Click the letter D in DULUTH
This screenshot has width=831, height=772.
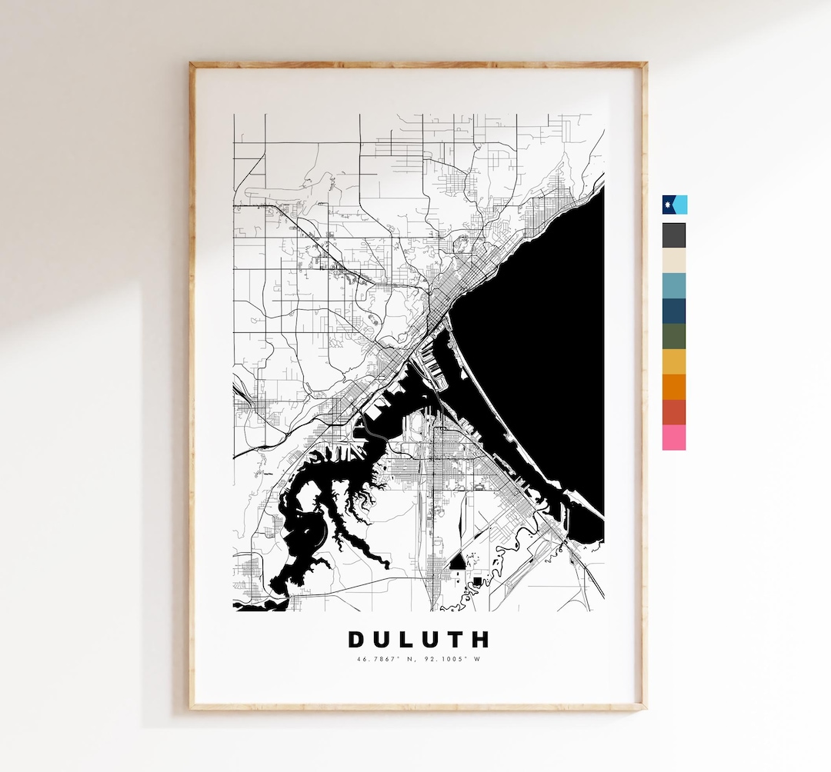point(356,640)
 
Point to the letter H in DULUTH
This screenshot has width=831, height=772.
point(481,640)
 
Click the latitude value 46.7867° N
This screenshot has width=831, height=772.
point(385,659)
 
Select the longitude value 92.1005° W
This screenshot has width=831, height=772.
point(451,659)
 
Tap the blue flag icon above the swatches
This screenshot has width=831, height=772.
point(675,205)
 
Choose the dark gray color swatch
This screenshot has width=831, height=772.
point(674,235)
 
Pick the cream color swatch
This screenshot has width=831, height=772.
point(674,261)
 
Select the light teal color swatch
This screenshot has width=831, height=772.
point(674,286)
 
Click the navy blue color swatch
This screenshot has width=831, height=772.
point(674,311)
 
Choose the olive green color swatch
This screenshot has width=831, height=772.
point(674,337)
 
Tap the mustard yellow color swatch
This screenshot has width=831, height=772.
point(674,362)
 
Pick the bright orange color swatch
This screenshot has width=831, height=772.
point(674,388)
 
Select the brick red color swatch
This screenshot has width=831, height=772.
point(674,412)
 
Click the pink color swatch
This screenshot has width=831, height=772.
point(674,438)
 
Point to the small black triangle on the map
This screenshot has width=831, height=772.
point(458,563)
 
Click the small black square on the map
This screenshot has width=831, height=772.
point(477,581)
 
